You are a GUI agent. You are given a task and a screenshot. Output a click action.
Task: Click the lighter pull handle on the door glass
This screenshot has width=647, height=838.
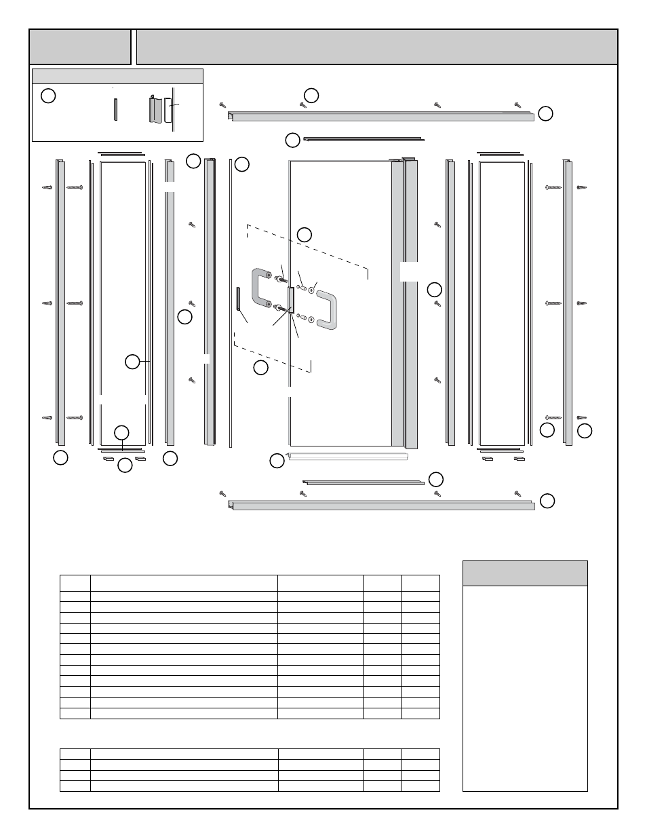tap(327, 311)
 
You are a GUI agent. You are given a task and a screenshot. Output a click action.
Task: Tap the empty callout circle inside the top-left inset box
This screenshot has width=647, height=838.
tap(47, 96)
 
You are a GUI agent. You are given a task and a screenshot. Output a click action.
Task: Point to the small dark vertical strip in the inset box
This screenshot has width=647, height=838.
tap(115, 109)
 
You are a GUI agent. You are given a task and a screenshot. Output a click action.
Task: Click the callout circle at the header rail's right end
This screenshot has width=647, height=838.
tap(545, 113)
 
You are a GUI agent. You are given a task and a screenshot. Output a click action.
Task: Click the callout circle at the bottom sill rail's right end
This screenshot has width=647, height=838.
tap(547, 501)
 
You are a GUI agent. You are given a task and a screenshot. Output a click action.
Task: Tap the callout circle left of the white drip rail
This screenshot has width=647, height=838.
tap(276, 461)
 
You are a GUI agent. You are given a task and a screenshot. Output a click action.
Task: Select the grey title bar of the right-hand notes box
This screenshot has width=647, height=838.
tap(524, 573)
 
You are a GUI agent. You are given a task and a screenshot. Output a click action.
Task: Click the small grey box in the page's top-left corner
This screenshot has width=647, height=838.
tap(79, 47)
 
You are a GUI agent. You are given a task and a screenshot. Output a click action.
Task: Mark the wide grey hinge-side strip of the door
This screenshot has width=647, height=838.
tap(397, 305)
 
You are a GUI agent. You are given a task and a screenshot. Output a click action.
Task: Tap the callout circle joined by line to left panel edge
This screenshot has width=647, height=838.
tap(133, 362)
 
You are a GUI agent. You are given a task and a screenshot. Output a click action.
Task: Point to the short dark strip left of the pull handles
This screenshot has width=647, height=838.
tap(238, 299)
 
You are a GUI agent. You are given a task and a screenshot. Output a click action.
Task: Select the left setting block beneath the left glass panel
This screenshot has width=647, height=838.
tap(107, 459)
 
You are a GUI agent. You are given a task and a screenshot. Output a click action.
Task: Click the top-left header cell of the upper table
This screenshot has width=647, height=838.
tap(75, 583)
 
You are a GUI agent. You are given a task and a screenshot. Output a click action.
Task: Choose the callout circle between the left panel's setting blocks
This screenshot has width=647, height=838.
tap(125, 465)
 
